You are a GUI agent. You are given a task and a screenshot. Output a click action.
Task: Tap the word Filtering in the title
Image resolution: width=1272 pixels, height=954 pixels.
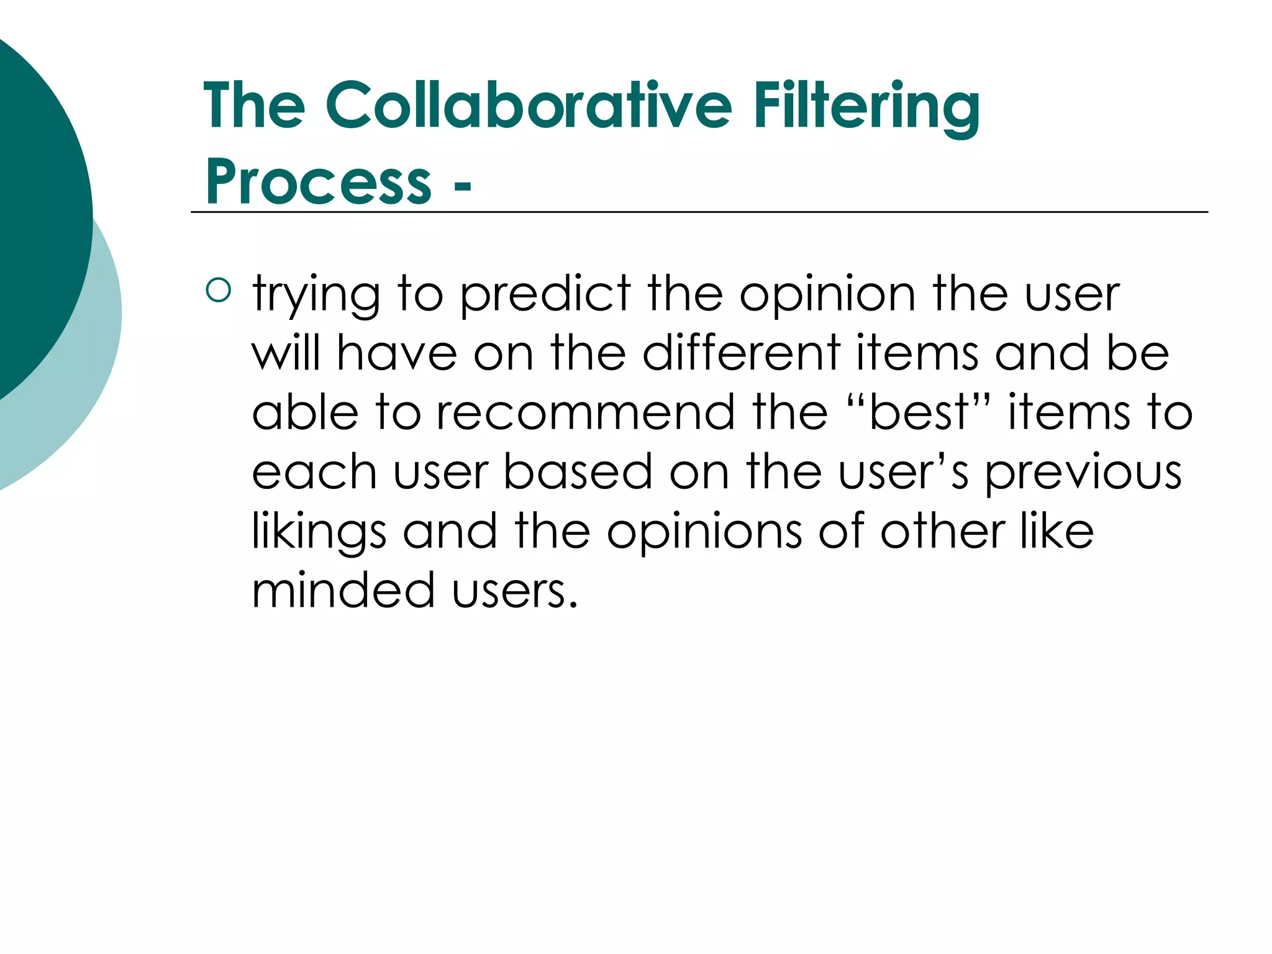click(x=866, y=107)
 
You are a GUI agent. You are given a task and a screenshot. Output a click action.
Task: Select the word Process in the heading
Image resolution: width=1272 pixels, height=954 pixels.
click(x=318, y=181)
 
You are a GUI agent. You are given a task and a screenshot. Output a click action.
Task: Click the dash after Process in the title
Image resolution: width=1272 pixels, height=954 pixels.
click(x=463, y=184)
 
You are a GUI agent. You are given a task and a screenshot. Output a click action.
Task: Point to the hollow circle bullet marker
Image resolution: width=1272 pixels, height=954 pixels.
click(x=218, y=290)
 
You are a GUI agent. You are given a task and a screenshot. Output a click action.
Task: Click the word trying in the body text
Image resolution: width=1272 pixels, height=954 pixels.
click(x=316, y=294)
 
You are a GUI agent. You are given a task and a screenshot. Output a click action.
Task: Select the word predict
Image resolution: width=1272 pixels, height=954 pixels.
click(x=545, y=294)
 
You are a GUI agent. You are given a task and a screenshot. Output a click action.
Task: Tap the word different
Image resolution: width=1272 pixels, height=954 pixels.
click(x=741, y=353)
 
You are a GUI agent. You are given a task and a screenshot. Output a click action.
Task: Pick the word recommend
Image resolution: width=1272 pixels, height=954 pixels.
click(x=586, y=412)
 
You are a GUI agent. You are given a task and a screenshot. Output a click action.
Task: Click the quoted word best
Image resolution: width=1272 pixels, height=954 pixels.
click(x=919, y=412)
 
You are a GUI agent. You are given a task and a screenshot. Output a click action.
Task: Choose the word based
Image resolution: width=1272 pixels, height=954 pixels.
click(x=578, y=471)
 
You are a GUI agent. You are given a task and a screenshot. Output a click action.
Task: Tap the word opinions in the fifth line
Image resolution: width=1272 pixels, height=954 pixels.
click(x=704, y=532)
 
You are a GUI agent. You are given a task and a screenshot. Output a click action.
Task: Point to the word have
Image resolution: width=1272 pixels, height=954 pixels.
click(x=397, y=353)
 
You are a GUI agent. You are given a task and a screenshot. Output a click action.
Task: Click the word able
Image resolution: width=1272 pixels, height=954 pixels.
click(x=305, y=412)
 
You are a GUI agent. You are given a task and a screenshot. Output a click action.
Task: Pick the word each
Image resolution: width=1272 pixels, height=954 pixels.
click(x=314, y=471)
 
